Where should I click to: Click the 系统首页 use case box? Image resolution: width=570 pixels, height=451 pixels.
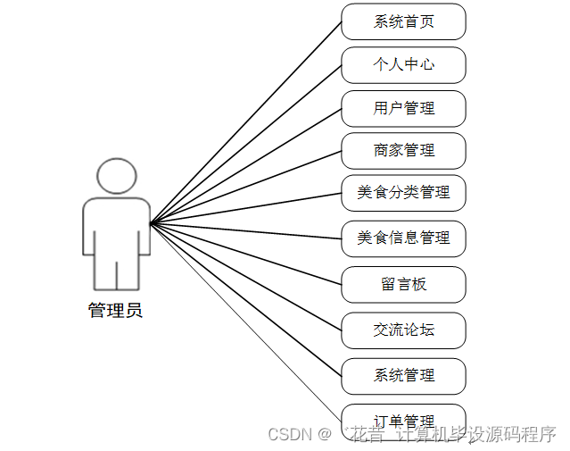click(x=403, y=21)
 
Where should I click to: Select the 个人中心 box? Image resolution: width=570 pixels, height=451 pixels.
click(x=403, y=65)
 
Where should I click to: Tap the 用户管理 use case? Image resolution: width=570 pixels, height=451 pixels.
click(x=403, y=108)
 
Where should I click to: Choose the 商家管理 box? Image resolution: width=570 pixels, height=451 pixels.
click(x=403, y=150)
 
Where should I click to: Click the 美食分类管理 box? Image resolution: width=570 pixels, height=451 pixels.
click(x=403, y=193)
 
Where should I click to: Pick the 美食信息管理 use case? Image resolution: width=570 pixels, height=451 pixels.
click(x=403, y=238)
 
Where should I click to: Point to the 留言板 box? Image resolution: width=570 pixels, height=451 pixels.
click(x=403, y=285)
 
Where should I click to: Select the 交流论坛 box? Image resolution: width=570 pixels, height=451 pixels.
click(x=403, y=330)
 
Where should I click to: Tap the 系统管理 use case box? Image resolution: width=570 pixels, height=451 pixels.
click(x=403, y=376)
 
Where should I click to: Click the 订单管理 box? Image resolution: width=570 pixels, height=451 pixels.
click(x=403, y=420)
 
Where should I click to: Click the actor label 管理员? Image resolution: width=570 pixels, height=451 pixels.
click(x=115, y=311)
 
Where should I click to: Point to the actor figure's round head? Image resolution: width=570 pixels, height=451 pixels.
click(x=116, y=175)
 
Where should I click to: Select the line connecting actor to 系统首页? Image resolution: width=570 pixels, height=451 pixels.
click(x=245, y=121)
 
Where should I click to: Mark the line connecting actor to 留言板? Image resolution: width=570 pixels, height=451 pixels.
click(x=245, y=255)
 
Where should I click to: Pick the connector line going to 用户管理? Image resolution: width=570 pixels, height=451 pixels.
click(x=245, y=165)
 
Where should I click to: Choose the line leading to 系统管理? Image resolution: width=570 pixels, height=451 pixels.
click(x=245, y=298)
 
